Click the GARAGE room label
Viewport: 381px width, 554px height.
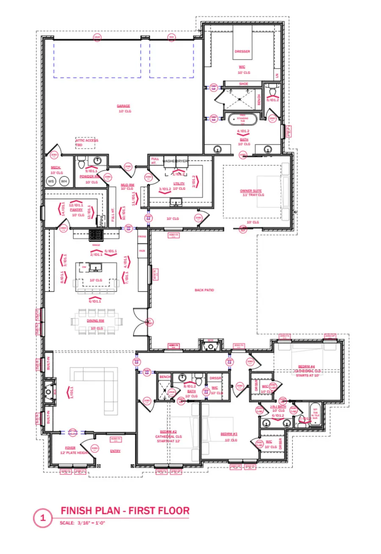point(124,106)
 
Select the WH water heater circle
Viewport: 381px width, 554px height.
point(64,181)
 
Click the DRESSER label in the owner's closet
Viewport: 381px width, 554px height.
point(242,52)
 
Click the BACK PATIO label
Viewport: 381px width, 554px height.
point(204,290)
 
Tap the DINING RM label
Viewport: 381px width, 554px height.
point(96,321)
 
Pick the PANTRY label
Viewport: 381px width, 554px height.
point(76,209)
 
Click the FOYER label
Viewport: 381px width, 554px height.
point(70,448)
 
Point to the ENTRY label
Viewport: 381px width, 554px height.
point(115,451)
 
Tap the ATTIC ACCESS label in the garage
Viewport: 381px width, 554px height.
point(87,140)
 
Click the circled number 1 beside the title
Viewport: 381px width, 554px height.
point(42,518)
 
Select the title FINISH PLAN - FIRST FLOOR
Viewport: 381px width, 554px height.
point(125,510)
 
